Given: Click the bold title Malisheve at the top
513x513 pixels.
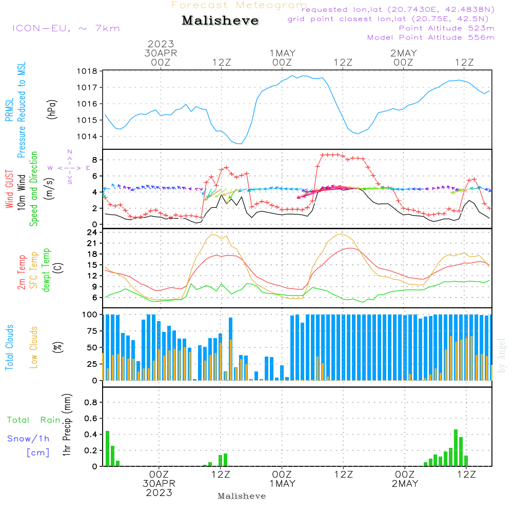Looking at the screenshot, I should (220, 21).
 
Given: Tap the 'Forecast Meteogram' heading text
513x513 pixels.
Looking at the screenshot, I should (239, 5).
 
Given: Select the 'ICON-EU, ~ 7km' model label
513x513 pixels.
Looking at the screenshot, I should (66, 28).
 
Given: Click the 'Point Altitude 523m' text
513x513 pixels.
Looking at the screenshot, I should (446, 28).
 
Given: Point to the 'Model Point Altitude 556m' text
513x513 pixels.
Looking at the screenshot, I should (431, 37).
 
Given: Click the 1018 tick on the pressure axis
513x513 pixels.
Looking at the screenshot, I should (87, 71).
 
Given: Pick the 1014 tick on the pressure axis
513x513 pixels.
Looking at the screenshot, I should (87, 136).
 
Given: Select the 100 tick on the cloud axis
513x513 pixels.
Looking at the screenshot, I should (90, 314).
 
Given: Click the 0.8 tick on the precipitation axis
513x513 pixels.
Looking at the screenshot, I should (91, 402).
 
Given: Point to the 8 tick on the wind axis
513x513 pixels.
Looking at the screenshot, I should (94, 160).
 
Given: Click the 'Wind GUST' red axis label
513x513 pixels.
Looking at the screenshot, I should (9, 190).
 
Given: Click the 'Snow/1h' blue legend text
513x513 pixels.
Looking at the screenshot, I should (28, 439).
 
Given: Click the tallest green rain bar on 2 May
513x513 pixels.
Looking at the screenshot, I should (456, 448).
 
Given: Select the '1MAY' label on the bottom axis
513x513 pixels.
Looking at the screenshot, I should (282, 484).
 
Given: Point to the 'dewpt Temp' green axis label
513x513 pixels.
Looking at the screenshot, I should (46, 270).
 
